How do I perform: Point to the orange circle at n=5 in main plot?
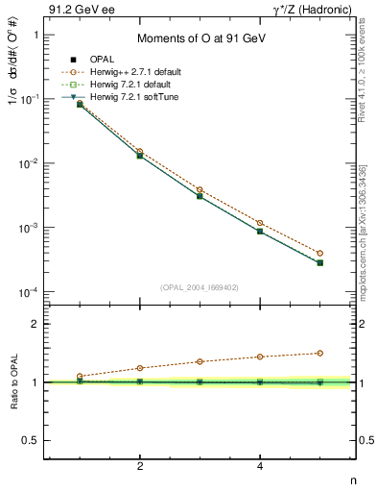click(320, 254)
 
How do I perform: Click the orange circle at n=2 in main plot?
click(140, 151)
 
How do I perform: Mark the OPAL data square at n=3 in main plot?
click(200, 195)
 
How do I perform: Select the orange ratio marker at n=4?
click(260, 357)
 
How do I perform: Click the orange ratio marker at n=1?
click(81, 376)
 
